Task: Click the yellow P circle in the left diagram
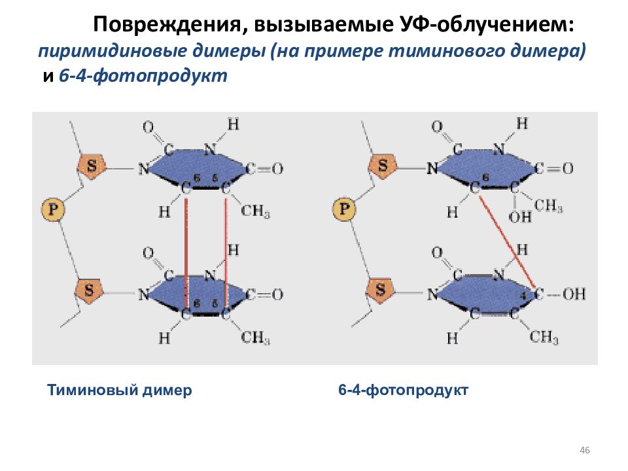(x=53, y=209)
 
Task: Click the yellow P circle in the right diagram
(x=344, y=209)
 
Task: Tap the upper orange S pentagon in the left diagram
(x=92, y=165)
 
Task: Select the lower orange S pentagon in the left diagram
(x=90, y=290)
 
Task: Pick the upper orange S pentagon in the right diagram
(x=383, y=165)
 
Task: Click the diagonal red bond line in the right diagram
(x=507, y=240)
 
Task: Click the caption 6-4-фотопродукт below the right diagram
(x=403, y=390)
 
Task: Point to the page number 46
(x=585, y=450)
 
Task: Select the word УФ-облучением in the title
(x=488, y=24)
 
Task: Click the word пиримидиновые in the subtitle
(x=113, y=52)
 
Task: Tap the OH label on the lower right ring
(x=574, y=294)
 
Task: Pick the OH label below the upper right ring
(x=520, y=217)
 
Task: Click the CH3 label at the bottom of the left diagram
(x=256, y=338)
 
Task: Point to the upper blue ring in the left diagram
(x=196, y=167)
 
